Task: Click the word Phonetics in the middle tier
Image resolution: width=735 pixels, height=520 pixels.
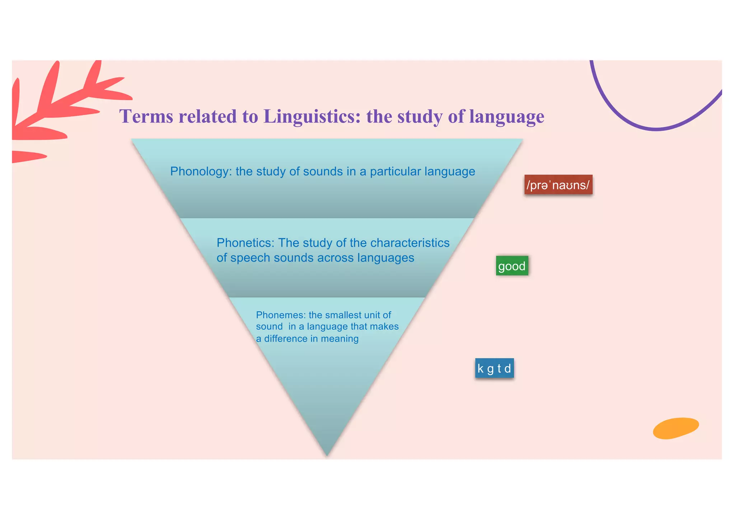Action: [x=245, y=243]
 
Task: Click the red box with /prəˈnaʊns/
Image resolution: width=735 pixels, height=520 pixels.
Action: [x=558, y=185]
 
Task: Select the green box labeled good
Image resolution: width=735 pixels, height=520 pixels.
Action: [x=512, y=266]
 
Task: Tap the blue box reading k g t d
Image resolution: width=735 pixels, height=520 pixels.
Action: [x=494, y=368]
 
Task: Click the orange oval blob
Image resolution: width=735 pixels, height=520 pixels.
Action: [x=676, y=428]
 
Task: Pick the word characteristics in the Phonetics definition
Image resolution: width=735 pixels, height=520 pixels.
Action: [x=410, y=243]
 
